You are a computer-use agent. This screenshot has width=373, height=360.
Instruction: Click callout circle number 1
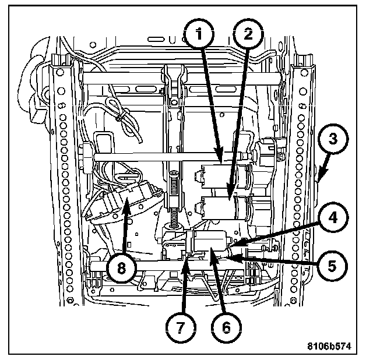coord(199,34)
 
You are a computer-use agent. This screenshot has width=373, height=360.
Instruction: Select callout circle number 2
coord(248,34)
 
